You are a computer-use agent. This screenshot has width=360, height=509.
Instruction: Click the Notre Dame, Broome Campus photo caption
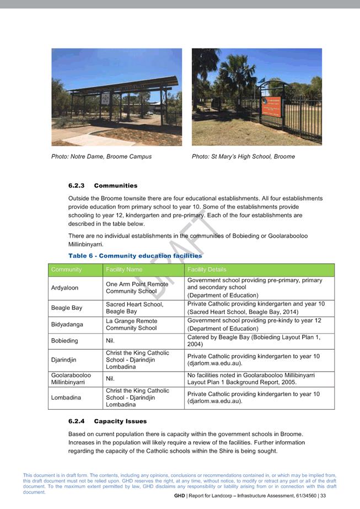coord(101,157)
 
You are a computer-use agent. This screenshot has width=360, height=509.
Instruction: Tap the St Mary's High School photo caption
coord(243,157)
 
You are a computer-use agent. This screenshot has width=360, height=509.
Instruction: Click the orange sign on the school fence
coord(271,106)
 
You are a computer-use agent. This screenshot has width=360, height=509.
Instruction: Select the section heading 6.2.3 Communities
coord(103,186)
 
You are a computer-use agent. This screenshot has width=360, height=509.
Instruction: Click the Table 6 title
coord(135,256)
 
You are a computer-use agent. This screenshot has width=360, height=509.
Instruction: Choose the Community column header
coord(66,270)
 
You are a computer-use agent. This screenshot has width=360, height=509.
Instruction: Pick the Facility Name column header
coord(124,270)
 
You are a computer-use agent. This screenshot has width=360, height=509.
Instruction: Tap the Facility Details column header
coord(207,270)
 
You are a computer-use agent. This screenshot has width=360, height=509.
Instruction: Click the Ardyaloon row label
coord(65,288)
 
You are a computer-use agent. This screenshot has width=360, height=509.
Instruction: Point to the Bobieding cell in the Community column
coord(65,341)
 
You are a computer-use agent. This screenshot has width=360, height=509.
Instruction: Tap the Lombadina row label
coord(66,398)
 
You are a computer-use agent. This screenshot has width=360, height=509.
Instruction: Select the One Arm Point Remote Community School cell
coord(137,288)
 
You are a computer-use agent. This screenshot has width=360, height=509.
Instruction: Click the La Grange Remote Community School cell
coord(131,324)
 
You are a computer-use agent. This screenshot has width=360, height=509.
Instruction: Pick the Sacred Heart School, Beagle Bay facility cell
coord(135,308)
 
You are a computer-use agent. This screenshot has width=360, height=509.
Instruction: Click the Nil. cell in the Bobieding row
coord(110,341)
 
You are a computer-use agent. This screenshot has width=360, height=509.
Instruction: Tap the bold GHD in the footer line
coord(179,496)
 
